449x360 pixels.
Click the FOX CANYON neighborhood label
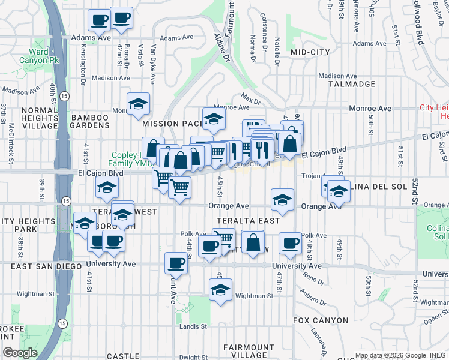(x=321, y=320)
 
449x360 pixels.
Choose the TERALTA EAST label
(x=248, y=221)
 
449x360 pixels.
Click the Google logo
(x=20, y=353)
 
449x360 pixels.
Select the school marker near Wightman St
(x=220, y=290)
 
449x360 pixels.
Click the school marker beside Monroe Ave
(x=212, y=119)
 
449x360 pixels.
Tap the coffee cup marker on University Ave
(x=176, y=262)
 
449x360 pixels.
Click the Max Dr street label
(x=250, y=96)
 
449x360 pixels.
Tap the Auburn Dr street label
(x=317, y=295)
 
